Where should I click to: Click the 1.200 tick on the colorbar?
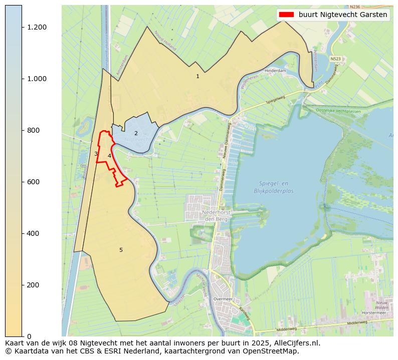(x=37, y=27)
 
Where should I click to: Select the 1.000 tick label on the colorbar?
(x=37, y=79)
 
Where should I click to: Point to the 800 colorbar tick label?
(x=34, y=130)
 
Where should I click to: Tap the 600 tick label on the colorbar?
(x=34, y=182)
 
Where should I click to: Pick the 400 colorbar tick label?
(x=34, y=233)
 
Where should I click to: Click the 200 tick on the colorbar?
(x=34, y=285)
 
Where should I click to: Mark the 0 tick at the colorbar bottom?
(x=29, y=336)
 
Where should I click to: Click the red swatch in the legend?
(x=286, y=15)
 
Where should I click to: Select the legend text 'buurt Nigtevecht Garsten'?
(x=343, y=15)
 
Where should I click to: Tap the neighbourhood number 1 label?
(x=197, y=77)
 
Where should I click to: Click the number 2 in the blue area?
(x=136, y=134)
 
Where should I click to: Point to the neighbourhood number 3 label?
(x=95, y=154)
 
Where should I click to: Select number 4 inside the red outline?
(x=109, y=156)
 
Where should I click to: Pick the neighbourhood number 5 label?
(x=121, y=250)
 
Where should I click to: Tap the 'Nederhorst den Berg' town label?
(x=215, y=215)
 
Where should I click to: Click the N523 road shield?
(x=336, y=59)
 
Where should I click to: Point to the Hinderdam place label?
(x=275, y=71)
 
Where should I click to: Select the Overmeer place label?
(x=223, y=298)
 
